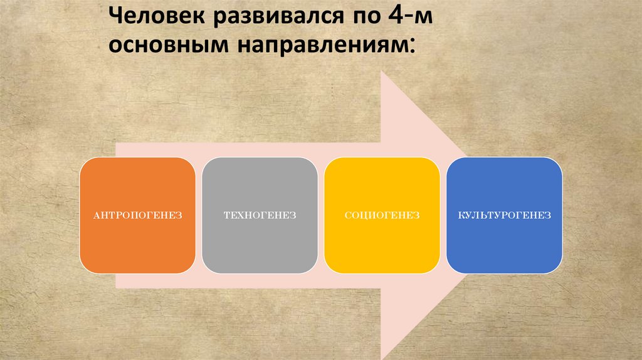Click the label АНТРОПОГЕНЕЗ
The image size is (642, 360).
(x=137, y=216)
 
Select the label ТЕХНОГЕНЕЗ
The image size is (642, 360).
(x=260, y=216)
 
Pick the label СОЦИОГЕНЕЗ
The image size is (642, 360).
(x=382, y=216)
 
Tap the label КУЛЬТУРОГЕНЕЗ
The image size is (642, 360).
(x=504, y=216)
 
